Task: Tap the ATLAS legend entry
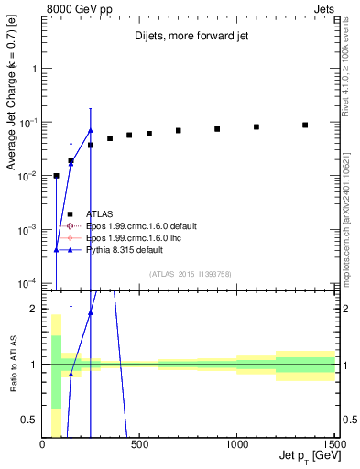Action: (x=99, y=213)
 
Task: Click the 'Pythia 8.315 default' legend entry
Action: (x=125, y=249)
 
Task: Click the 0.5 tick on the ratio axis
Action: (x=31, y=420)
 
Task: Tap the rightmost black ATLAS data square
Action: (x=305, y=125)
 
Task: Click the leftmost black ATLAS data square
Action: (x=56, y=175)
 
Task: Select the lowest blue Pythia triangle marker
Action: (x=56, y=249)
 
